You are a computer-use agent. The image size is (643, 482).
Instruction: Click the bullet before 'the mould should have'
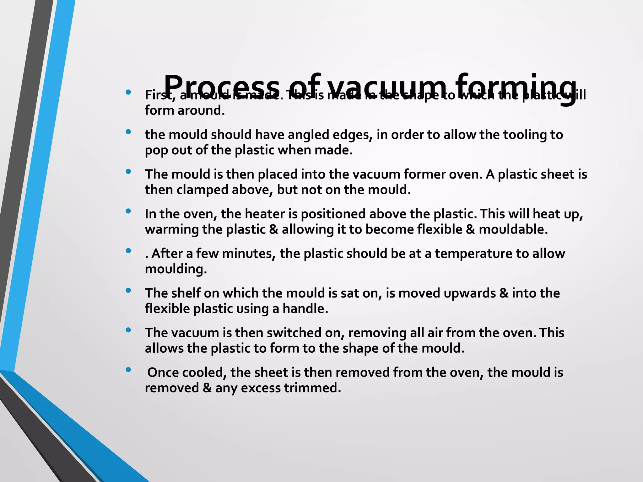coord(128,132)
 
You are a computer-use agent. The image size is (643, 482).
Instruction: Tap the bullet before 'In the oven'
coord(128,211)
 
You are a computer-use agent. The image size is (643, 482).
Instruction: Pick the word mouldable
coord(513,229)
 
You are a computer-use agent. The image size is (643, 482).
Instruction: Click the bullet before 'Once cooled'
coord(128,370)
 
